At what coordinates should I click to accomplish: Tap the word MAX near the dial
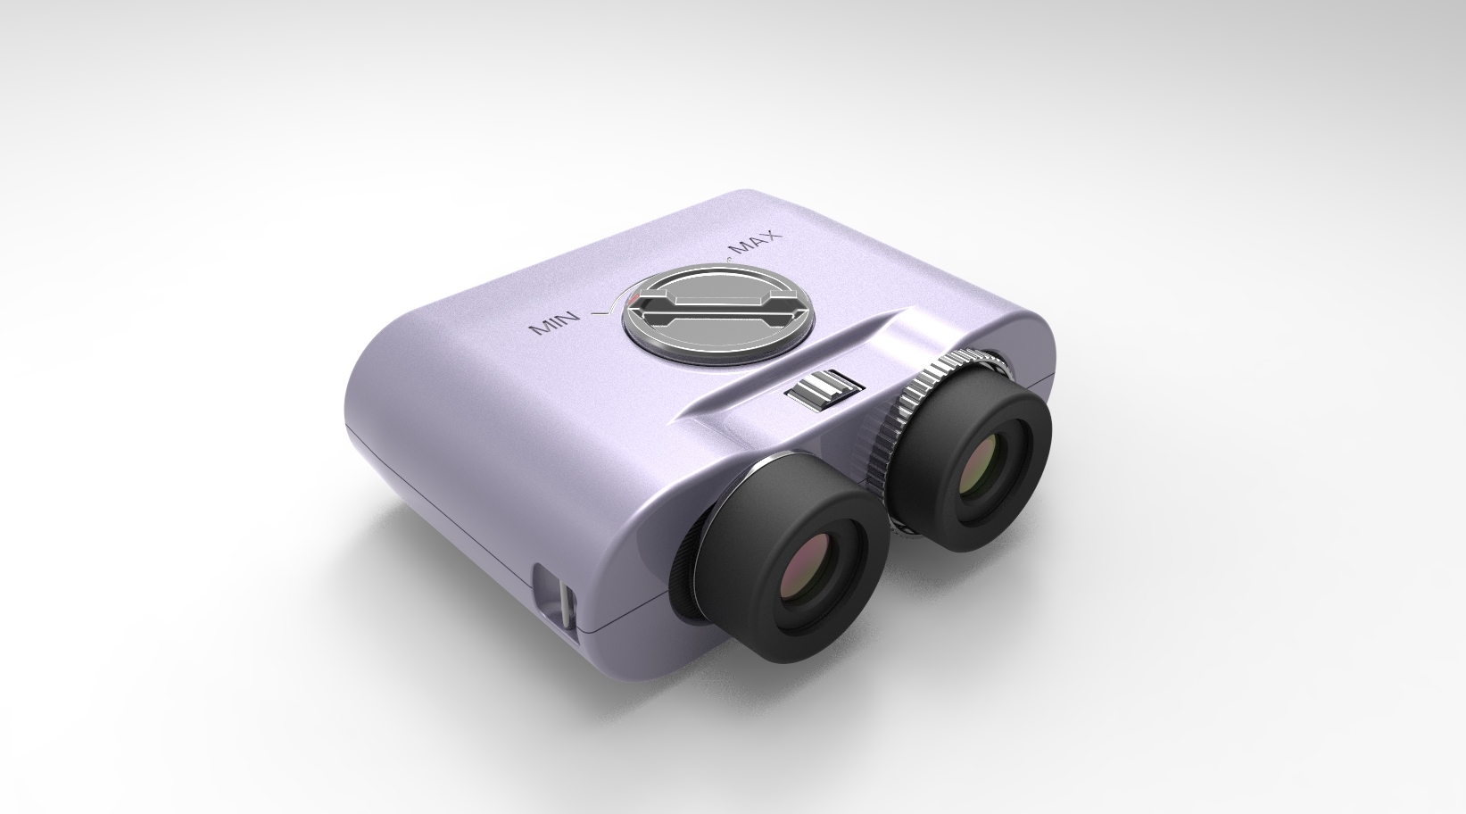point(754,242)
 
